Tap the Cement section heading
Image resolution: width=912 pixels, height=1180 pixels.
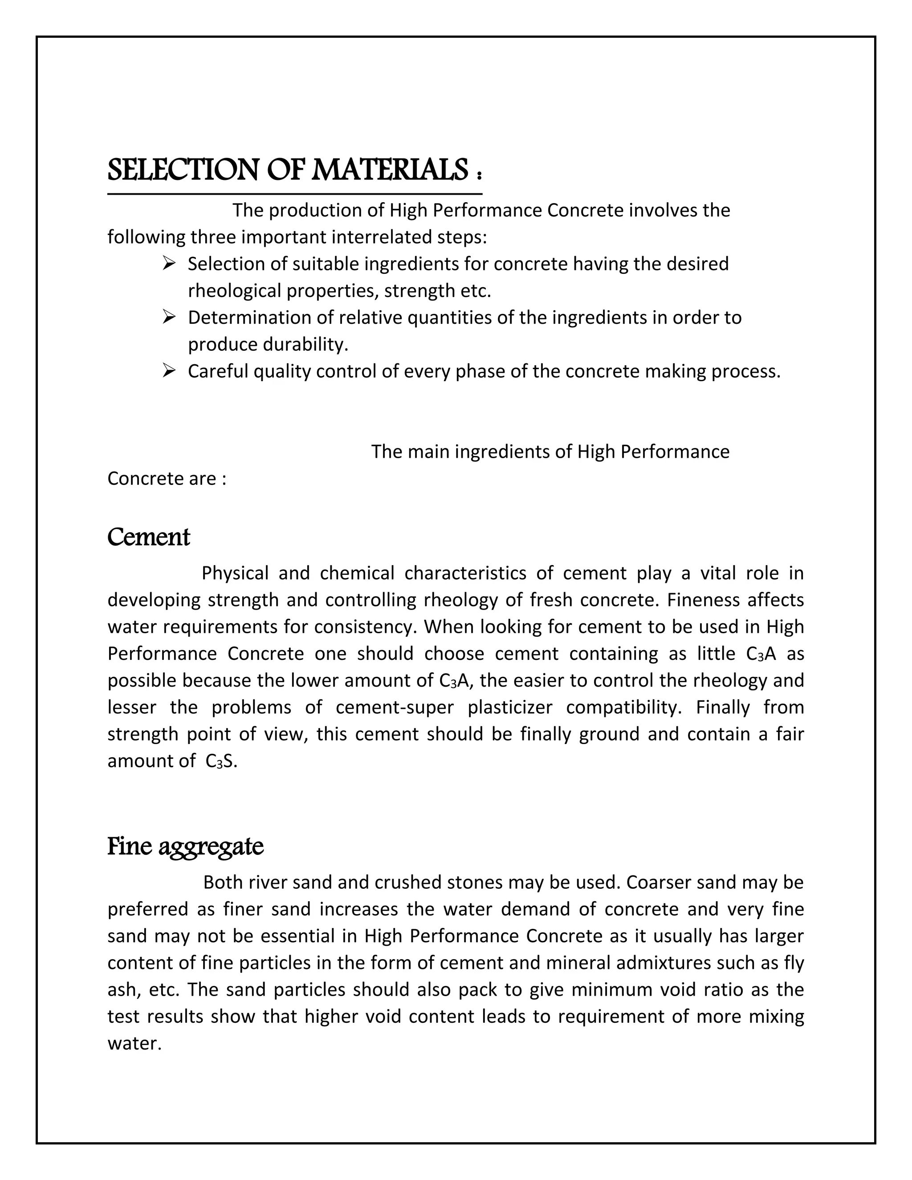click(149, 537)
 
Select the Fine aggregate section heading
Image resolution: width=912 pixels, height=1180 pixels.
click(185, 846)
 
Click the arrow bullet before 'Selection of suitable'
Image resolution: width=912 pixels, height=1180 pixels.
click(169, 264)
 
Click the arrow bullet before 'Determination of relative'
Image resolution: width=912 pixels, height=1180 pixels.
click(169, 317)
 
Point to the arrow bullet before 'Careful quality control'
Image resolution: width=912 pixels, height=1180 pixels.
click(169, 371)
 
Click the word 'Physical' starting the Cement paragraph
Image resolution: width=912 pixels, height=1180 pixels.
click(235, 573)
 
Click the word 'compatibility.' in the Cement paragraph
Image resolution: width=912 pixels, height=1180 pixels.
click(626, 707)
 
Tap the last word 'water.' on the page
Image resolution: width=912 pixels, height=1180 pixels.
click(134, 1043)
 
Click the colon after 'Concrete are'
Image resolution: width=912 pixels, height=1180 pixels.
click(223, 479)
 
